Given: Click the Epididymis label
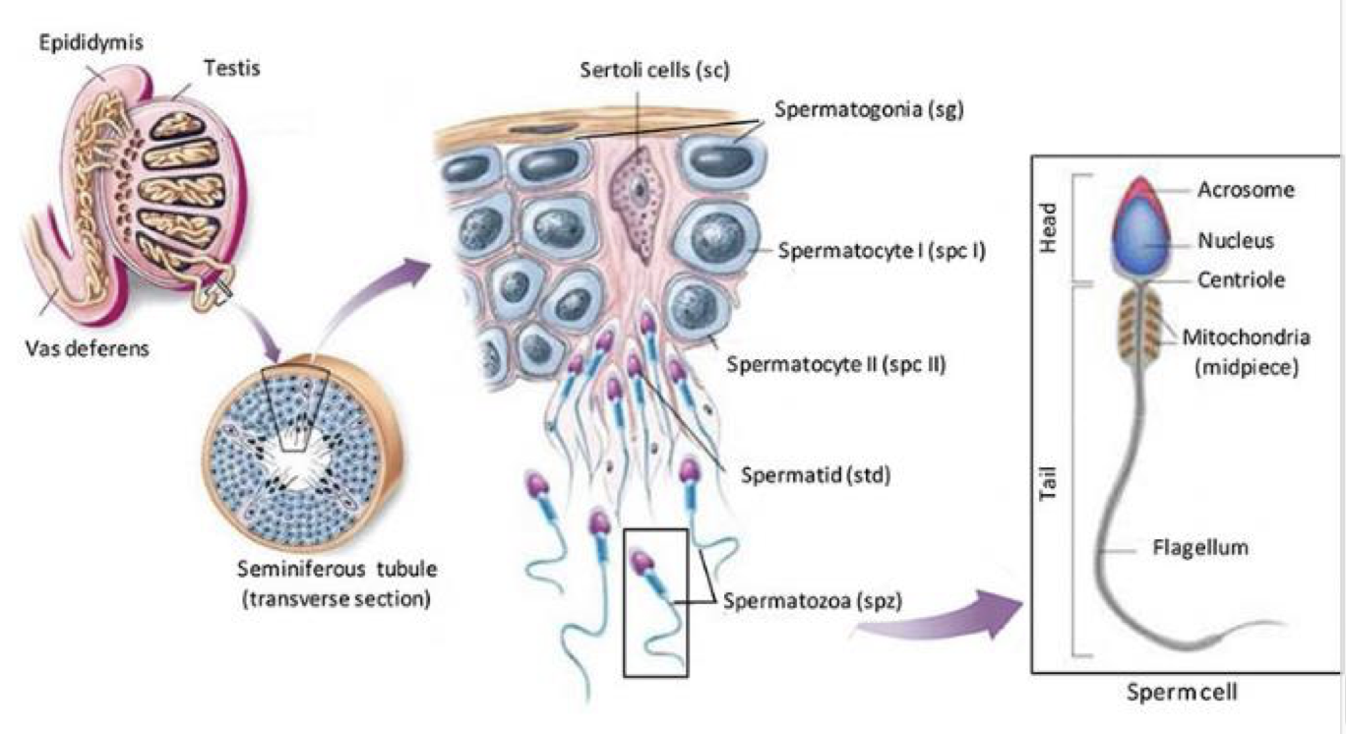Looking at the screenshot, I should (x=78, y=44).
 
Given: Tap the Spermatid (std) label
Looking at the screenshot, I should (x=817, y=476).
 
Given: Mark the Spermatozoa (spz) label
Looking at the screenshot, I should (x=802, y=598).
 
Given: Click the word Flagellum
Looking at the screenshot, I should (x=1199, y=547).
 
